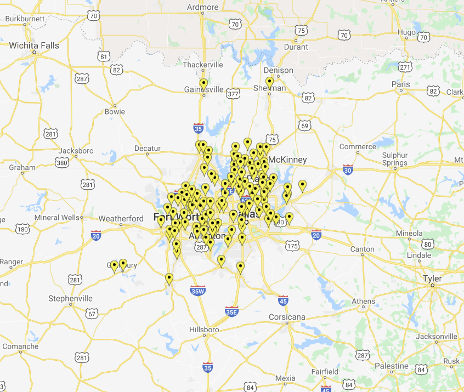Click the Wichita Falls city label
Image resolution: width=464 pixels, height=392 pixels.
33,46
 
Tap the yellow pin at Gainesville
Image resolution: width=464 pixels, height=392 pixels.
203,84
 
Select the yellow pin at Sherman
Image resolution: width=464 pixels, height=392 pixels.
269,82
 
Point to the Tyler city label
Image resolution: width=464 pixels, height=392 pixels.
432,279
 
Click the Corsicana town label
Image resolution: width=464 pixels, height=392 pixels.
287,317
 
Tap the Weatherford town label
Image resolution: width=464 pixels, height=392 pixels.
121,219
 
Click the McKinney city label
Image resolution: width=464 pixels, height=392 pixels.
287,160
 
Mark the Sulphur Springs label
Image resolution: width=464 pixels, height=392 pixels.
395,159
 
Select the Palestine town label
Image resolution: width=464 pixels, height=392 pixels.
392,366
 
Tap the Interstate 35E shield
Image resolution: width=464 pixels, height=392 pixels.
231,311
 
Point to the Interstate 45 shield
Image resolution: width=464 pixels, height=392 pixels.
283,300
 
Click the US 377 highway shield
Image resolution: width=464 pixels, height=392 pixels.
233,94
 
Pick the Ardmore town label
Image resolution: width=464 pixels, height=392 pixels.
202,7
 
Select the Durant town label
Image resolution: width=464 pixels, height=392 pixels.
296,47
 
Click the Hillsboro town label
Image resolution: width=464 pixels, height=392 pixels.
204,329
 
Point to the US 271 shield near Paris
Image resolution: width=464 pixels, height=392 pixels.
405,67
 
